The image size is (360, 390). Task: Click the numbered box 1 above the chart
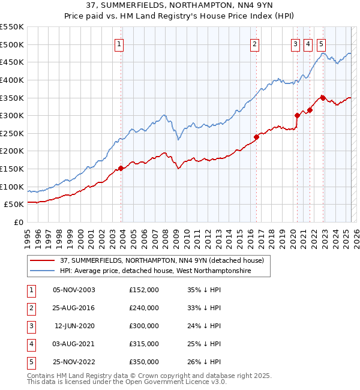[x=119, y=44]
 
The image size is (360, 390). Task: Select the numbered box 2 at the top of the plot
[x=255, y=44]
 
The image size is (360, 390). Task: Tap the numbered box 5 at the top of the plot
[x=321, y=44]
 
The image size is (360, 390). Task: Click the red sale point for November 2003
[x=121, y=168]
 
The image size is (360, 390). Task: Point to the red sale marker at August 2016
[x=256, y=137]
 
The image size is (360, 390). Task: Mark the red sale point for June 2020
[x=297, y=115]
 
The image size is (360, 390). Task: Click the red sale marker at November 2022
[x=323, y=98]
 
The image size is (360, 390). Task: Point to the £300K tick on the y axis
[x=12, y=115]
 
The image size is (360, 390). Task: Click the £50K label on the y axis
[x=14, y=204]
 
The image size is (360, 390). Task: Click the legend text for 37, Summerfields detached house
[x=166, y=261]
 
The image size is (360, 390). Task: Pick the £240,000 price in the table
[x=144, y=308]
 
